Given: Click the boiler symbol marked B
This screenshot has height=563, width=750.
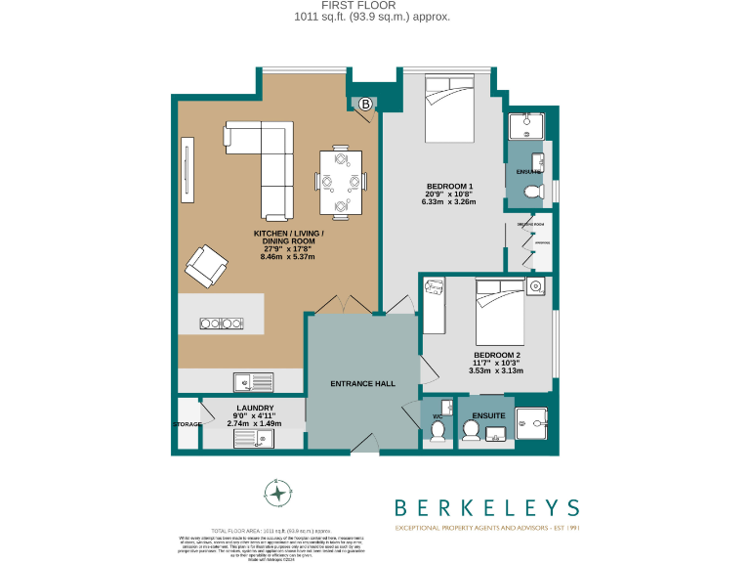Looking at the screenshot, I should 365,104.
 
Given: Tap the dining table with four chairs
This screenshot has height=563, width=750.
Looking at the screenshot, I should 341,181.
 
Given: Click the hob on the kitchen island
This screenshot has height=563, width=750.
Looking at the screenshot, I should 220,324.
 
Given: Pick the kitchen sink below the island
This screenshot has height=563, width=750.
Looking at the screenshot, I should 247,381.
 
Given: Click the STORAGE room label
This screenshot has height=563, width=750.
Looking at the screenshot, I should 187,425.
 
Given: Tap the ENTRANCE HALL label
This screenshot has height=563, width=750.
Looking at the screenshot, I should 363,383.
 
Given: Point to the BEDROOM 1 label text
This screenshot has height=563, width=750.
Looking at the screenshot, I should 449,186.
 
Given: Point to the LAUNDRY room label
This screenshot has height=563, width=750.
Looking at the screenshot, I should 254,408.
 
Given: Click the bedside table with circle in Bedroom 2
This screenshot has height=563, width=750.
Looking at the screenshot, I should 535,286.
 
